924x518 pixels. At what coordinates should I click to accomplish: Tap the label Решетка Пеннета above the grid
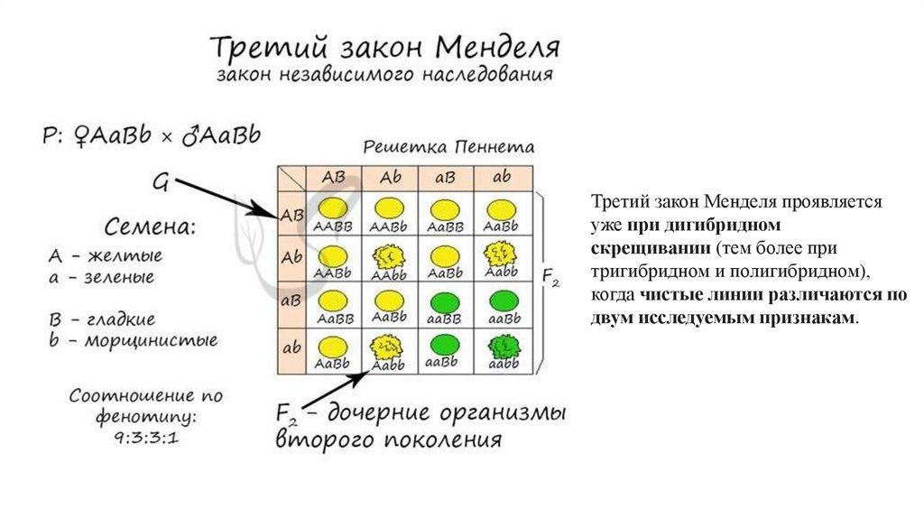click(448, 147)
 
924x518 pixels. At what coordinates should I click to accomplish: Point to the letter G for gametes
click(160, 183)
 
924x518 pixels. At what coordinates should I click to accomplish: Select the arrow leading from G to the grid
click(226, 199)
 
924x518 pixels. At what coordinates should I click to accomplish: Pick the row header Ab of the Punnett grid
click(291, 257)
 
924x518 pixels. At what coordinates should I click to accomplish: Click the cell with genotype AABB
click(334, 216)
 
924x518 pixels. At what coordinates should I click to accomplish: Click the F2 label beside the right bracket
click(550, 278)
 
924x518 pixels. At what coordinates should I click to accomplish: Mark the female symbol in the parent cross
click(79, 135)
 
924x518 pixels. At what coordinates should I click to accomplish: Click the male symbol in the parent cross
click(191, 135)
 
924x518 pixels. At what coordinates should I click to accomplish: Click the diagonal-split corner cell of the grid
click(291, 177)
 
